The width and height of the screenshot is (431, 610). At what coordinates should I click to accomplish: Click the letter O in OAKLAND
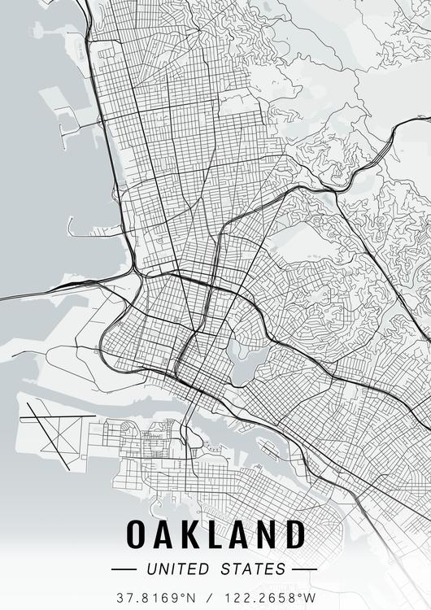point(137,534)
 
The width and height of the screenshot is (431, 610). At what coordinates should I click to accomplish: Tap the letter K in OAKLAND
point(194,534)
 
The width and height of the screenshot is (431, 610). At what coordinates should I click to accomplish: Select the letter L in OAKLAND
point(219,534)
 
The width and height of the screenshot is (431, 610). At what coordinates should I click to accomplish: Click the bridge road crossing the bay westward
point(49,290)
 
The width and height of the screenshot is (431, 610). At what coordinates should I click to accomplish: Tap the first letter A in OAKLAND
point(167,534)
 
